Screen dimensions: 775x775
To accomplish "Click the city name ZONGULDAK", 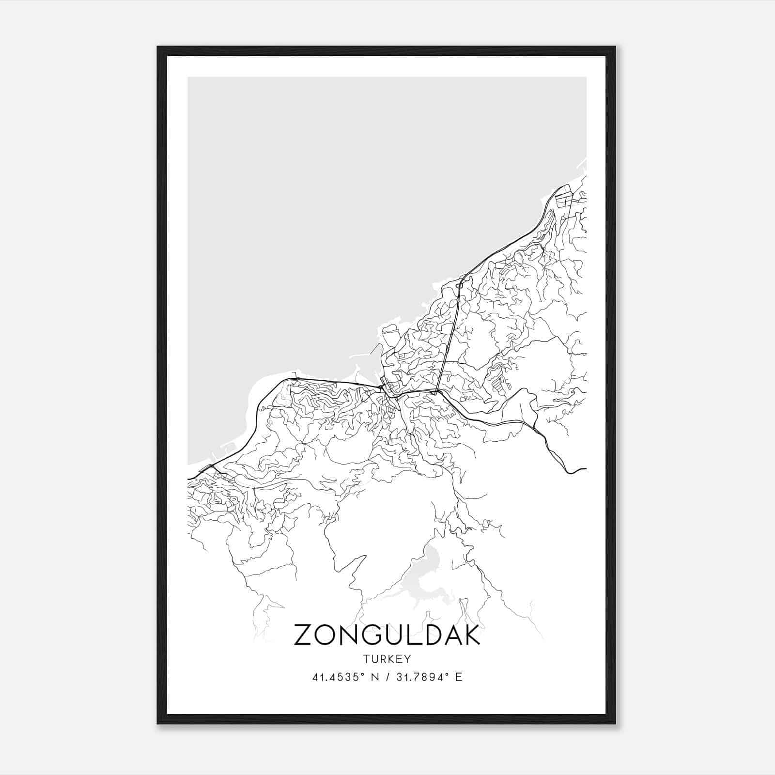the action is pyautogui.click(x=387, y=635).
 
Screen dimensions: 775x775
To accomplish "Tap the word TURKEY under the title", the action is pyautogui.click(x=386, y=659).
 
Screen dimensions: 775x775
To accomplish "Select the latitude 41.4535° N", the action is pyautogui.click(x=345, y=677).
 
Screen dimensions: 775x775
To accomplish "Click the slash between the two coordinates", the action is pyautogui.click(x=386, y=677).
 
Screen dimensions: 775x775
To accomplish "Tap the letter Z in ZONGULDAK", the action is pyautogui.click(x=304, y=635).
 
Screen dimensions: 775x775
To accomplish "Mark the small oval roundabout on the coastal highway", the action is pyautogui.click(x=459, y=286).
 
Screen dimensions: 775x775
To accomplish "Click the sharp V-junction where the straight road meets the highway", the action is pyautogui.click(x=436, y=393).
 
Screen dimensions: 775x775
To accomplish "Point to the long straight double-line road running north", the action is pyautogui.click(x=448, y=339).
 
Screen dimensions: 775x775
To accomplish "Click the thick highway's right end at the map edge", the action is pyautogui.click(x=585, y=469).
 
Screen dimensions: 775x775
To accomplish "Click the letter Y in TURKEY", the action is pyautogui.click(x=408, y=659).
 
